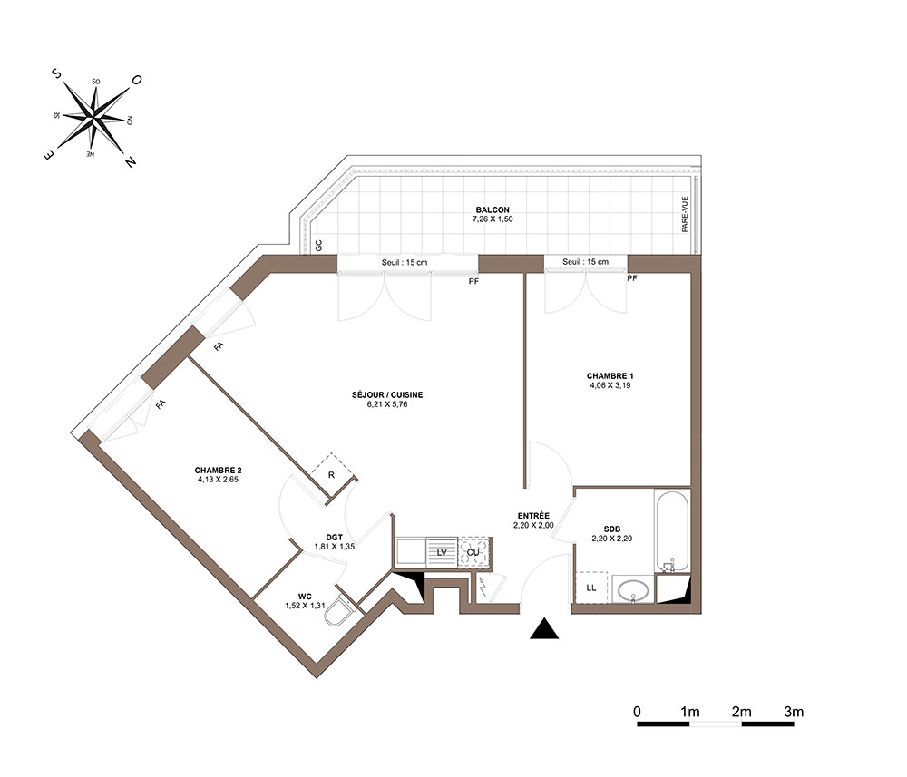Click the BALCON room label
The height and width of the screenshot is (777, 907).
point(493,209)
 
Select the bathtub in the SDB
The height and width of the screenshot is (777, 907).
point(672,530)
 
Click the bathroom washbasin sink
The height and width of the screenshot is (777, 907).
point(633,590)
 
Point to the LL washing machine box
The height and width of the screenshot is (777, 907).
point(591,588)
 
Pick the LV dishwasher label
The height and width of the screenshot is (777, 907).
point(442,553)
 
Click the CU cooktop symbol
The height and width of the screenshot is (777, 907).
point(473,552)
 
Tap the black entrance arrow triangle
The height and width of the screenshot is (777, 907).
point(544,628)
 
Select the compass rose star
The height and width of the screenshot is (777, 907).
point(93,118)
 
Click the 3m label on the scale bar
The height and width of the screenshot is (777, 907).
point(794,712)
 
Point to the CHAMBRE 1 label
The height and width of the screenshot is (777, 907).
point(610,375)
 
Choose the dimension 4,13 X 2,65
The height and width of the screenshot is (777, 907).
point(218,480)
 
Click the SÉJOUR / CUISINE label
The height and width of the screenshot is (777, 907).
point(387,395)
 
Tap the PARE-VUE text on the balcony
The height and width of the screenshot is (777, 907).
point(685,215)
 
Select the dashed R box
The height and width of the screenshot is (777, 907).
point(332,475)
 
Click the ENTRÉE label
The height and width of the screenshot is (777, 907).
point(533,516)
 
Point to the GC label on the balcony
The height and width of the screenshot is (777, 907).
point(318,246)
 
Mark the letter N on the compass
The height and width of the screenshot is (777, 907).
point(131,162)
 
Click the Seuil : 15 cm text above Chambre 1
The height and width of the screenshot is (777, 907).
point(585,262)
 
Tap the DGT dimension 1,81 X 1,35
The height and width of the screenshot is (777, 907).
point(335,547)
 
